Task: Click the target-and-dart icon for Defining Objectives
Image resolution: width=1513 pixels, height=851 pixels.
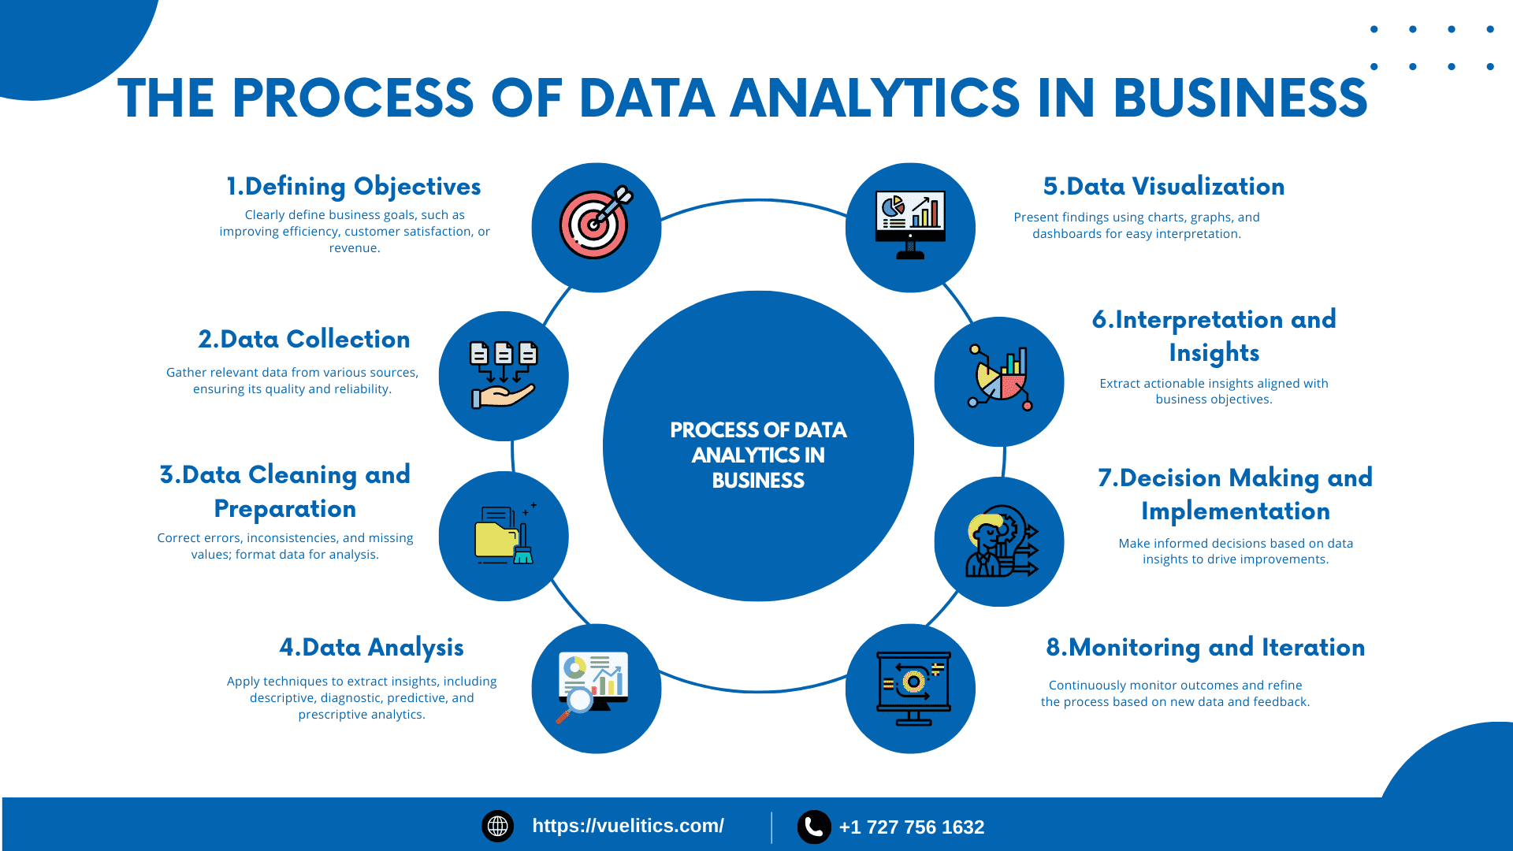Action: [596, 223]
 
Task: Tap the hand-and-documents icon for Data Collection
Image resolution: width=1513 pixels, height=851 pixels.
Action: [504, 375]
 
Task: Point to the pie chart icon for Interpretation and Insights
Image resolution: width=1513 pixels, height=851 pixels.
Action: [1000, 378]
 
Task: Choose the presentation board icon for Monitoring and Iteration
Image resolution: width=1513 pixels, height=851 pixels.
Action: [913, 688]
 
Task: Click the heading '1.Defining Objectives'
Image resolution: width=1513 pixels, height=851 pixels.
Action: [354, 186]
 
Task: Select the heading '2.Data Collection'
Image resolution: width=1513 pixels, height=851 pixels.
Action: [304, 339]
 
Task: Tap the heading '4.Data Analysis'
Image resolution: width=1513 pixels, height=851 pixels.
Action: [371, 647]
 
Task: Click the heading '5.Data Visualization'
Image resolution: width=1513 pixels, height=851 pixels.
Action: [1164, 186]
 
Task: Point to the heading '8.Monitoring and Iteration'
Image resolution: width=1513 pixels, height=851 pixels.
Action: [1206, 647]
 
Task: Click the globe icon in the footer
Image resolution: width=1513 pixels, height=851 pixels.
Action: [497, 826]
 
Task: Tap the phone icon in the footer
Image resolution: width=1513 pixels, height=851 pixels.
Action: [814, 827]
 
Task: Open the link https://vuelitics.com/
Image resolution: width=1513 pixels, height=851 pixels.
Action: [628, 826]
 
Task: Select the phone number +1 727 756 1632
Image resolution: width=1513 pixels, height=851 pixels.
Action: [912, 827]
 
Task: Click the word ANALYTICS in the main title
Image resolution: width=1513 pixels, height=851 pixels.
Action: [875, 98]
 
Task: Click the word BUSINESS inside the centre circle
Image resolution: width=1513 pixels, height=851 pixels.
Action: [758, 481]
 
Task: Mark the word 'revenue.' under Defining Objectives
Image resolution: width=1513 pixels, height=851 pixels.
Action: [355, 248]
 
